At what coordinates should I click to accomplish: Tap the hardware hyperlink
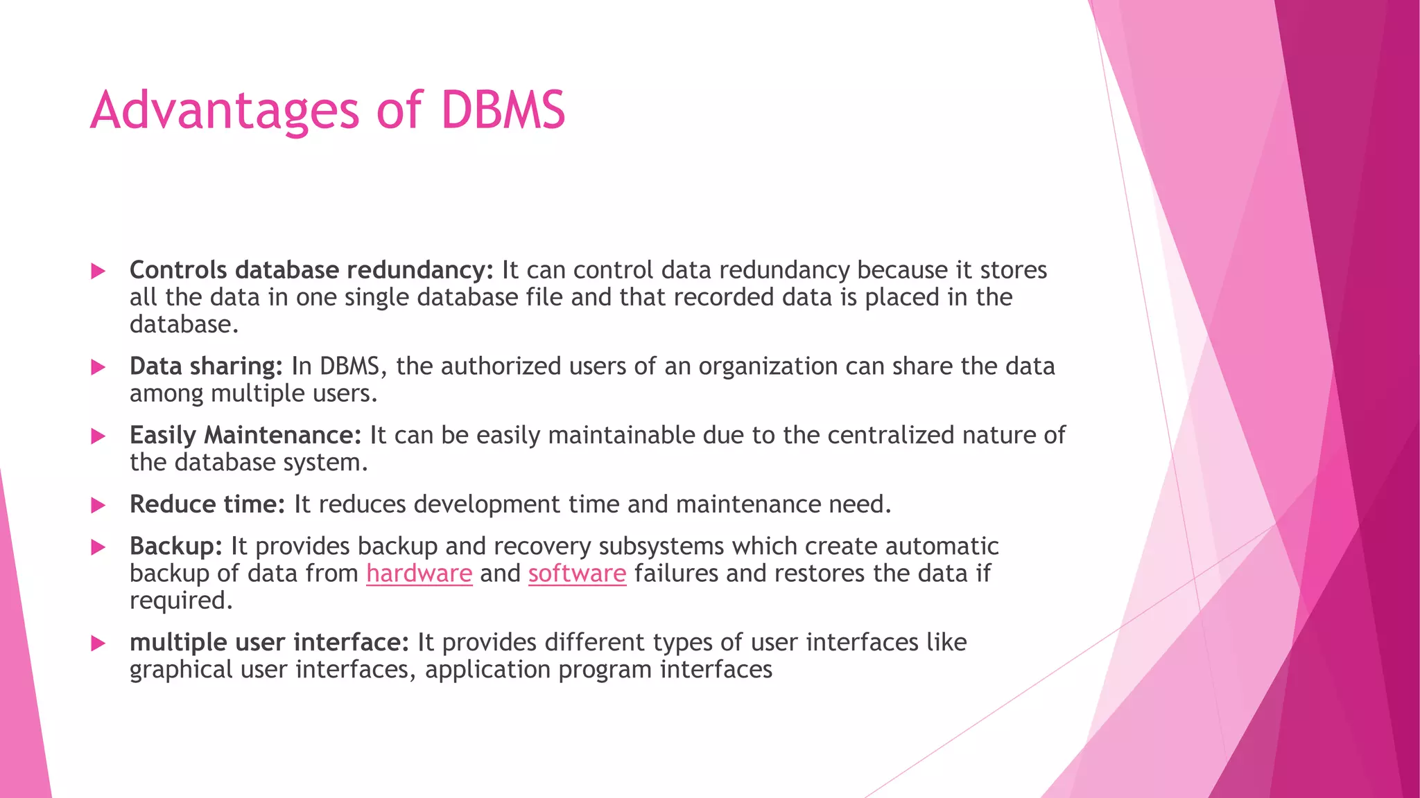(x=419, y=574)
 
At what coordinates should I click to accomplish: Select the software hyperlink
(x=577, y=574)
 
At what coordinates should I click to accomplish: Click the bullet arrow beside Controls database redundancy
(x=98, y=271)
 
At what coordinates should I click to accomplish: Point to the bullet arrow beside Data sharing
(x=98, y=367)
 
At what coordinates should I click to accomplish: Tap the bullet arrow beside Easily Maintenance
(x=98, y=436)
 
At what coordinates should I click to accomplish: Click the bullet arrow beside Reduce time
(x=98, y=505)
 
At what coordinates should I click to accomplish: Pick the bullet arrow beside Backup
(x=98, y=547)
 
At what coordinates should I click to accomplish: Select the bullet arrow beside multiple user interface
(x=98, y=644)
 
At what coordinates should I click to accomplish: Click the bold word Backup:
(x=175, y=547)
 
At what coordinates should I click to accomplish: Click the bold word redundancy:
(x=419, y=270)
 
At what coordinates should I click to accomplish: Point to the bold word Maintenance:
(x=282, y=435)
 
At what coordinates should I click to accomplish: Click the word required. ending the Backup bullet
(x=181, y=601)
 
